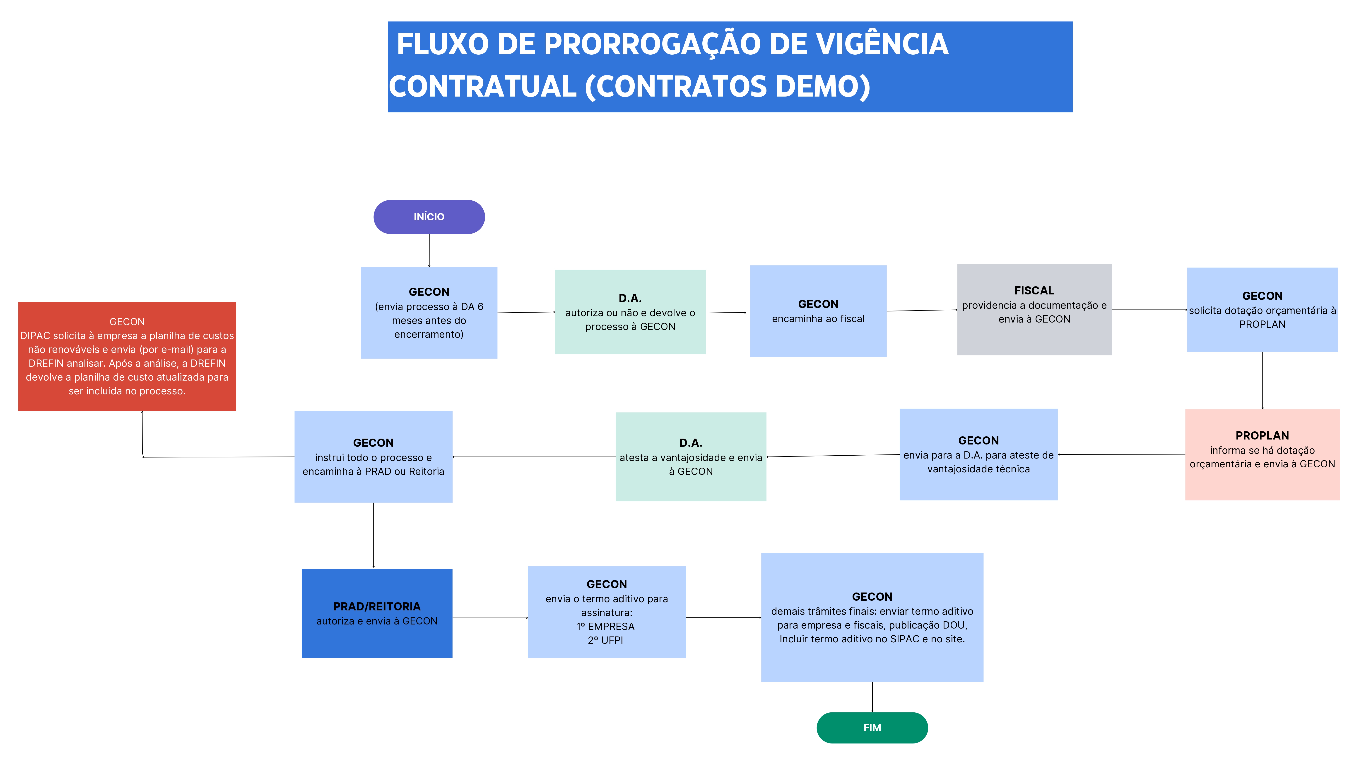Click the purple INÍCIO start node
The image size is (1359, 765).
(x=429, y=217)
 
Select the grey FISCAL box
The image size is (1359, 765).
(x=1034, y=310)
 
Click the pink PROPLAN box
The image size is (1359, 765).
(x=1262, y=454)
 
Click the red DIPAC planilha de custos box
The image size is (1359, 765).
(x=127, y=356)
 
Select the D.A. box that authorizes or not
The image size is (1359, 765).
(x=630, y=312)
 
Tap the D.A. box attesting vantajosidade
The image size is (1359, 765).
(x=691, y=457)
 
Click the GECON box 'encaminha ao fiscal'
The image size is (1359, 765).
(x=818, y=311)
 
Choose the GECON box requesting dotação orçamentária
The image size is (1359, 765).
(x=1262, y=310)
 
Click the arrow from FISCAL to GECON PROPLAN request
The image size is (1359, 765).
(x=1149, y=310)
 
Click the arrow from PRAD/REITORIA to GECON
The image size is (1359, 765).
(x=490, y=618)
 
